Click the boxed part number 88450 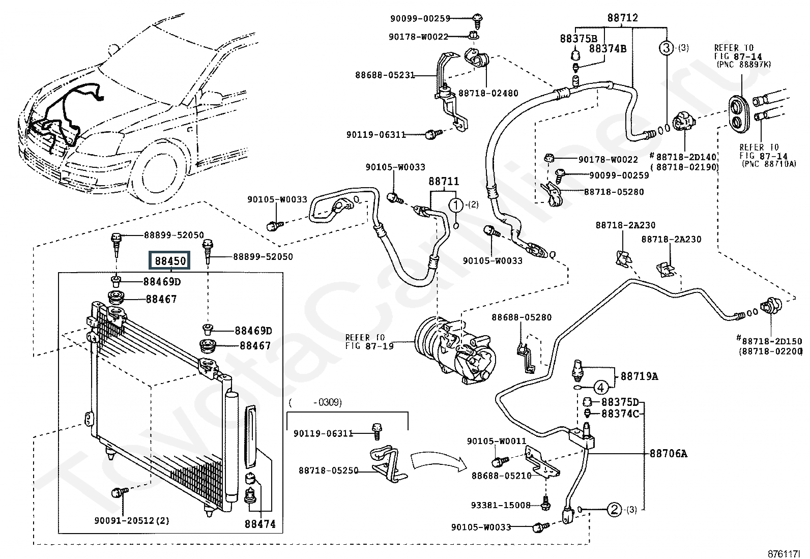170,261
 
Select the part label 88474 260,524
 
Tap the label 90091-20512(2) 132,521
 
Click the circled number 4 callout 600,388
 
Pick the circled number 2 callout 614,510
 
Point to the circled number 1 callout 456,205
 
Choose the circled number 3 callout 667,48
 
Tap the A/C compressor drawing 456,349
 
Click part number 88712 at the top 622,17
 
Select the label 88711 444,181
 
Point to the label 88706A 668,453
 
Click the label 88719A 640,376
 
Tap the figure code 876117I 784,554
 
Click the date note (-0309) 315,402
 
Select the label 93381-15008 501,505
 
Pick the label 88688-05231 385,75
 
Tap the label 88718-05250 328,470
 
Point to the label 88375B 578,38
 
